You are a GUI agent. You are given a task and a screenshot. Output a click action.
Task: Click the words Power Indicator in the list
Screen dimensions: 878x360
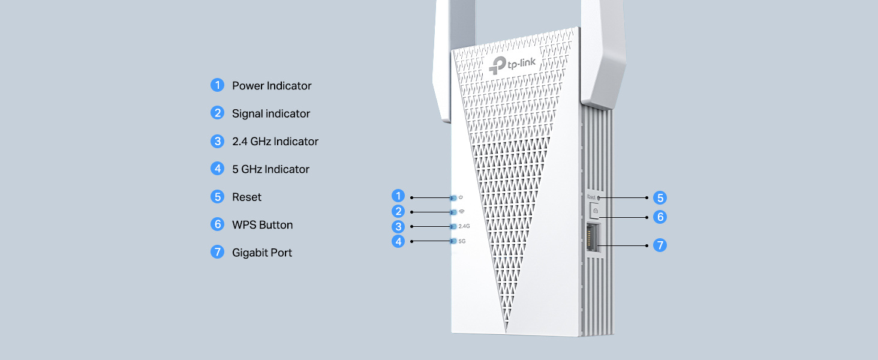272,86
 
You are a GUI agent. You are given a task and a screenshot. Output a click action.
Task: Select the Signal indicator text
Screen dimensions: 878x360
271,114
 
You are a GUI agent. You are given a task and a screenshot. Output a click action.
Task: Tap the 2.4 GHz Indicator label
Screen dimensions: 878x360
275,141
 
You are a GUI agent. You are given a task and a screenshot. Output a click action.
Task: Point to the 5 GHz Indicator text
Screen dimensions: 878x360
270,169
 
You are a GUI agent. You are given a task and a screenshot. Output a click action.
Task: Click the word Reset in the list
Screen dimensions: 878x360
246,197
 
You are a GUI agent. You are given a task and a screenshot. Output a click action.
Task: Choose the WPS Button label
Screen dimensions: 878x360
262,225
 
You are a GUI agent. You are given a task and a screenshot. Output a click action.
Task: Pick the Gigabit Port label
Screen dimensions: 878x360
262,253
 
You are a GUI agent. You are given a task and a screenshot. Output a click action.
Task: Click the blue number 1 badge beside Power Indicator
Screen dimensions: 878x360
218,85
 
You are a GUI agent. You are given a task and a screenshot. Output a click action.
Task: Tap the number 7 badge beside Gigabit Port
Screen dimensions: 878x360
218,252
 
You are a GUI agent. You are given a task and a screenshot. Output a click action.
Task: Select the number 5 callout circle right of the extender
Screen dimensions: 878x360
660,197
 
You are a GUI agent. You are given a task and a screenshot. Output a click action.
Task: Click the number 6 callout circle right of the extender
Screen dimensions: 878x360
660,217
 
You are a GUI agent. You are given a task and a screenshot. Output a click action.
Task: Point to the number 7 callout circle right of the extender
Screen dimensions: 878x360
660,245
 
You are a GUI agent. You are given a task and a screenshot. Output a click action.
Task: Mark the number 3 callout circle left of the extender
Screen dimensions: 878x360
398,226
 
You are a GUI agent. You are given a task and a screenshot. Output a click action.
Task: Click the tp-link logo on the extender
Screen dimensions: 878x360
512,65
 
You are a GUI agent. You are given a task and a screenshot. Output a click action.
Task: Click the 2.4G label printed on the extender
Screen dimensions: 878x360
464,226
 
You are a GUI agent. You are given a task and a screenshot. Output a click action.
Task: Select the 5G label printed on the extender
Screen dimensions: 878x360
462,241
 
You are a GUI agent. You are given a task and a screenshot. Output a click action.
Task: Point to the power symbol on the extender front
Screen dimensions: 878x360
461,197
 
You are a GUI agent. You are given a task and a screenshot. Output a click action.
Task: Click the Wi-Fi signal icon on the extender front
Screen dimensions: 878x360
462,212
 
